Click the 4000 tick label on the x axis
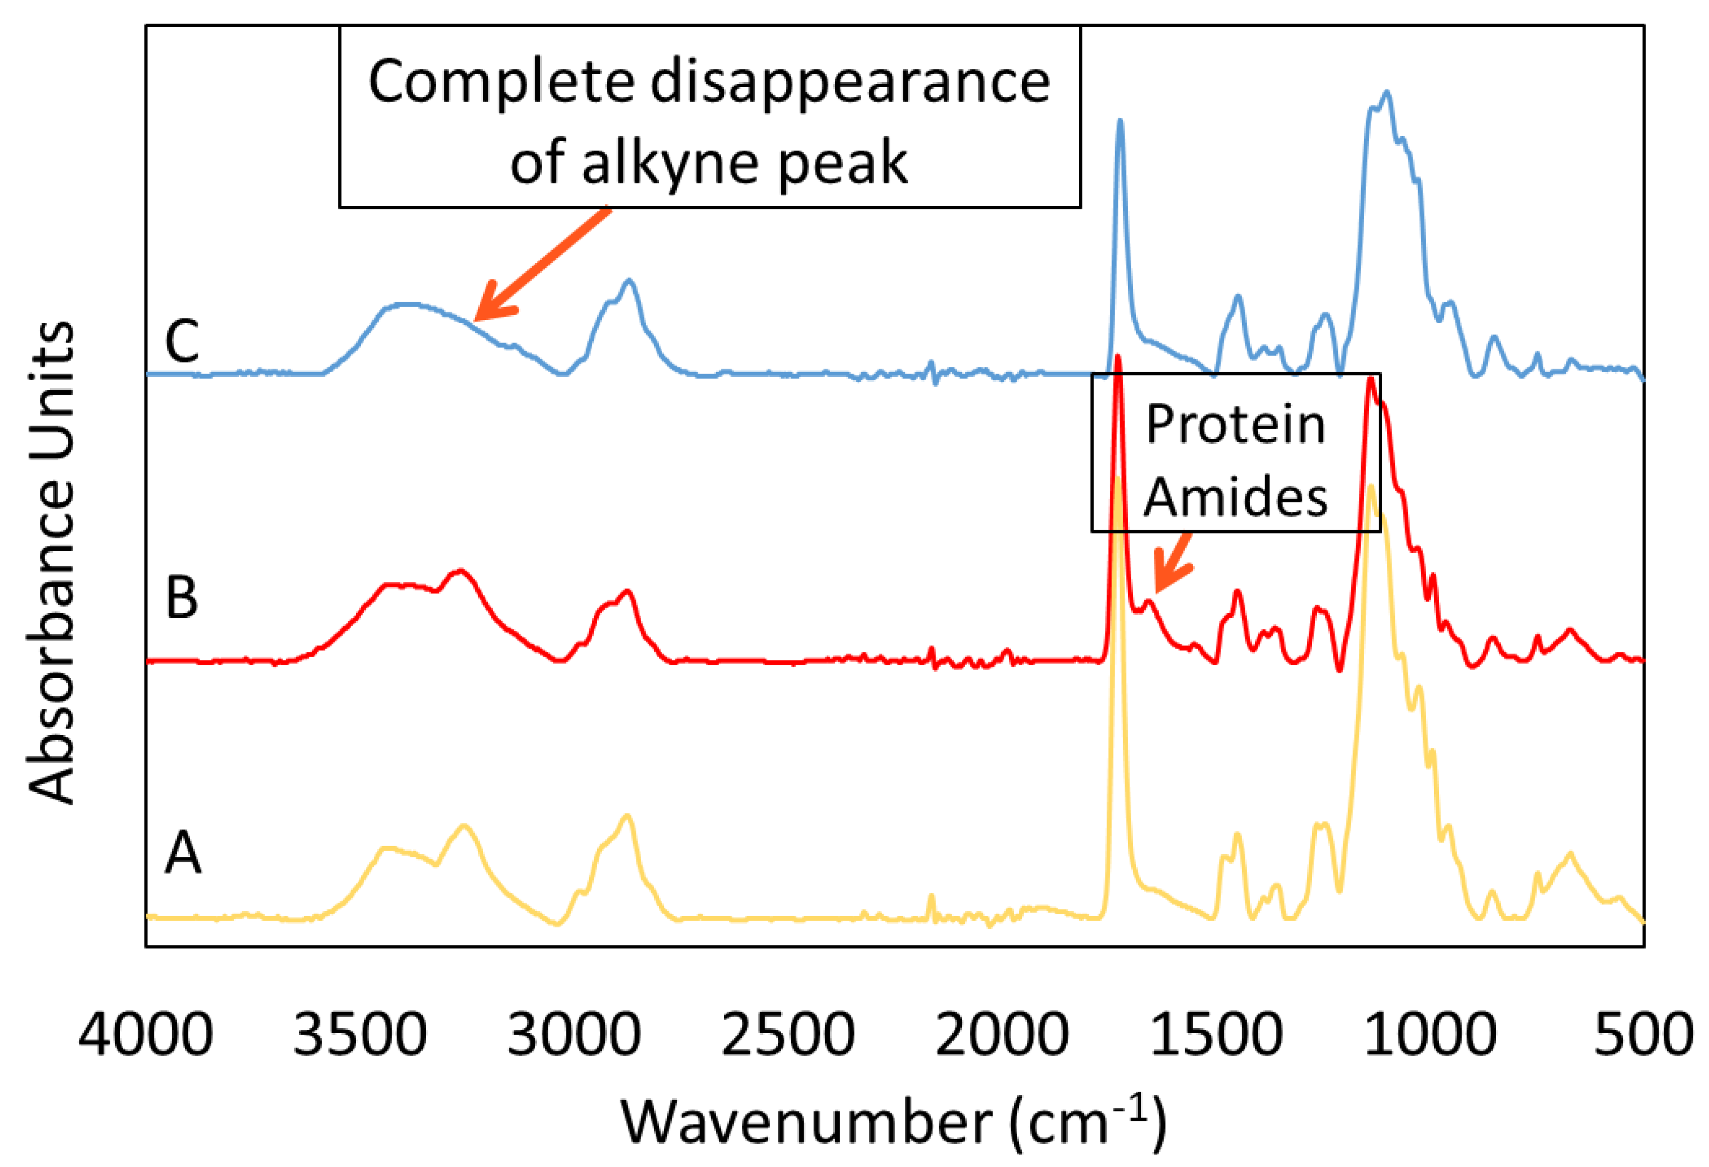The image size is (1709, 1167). tap(146, 1035)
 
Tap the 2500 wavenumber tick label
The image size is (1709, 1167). tap(788, 1035)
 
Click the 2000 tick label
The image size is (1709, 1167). tap(1002, 1035)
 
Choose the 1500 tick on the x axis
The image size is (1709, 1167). tap(1216, 1035)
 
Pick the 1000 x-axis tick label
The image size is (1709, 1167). tap(1430, 1035)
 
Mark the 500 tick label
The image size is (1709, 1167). tap(1644, 1035)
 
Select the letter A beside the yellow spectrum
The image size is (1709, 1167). tap(182, 853)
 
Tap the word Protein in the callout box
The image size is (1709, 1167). tap(1236, 424)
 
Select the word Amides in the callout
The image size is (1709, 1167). tap(1236, 497)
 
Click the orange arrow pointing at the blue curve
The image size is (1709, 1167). tap(541, 265)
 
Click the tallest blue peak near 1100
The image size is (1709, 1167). tap(1387, 94)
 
